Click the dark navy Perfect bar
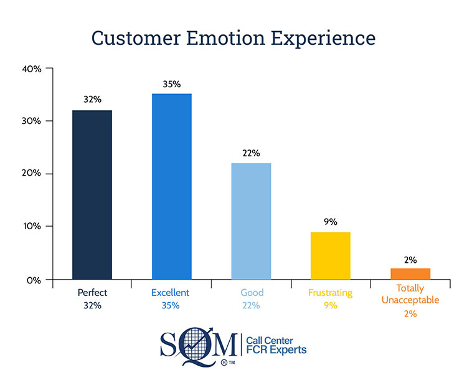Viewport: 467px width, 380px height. (92, 194)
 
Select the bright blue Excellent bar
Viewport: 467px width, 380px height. (171, 186)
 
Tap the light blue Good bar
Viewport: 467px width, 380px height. (251, 221)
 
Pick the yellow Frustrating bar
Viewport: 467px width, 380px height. (331, 255)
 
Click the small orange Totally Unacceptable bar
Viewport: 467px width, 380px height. (410, 273)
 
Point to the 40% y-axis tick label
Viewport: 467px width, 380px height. (31, 69)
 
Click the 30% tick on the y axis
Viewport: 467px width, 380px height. (31, 121)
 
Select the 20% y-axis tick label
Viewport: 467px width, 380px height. (31, 173)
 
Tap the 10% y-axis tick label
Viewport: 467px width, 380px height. (31, 226)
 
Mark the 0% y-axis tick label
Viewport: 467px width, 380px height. (34, 279)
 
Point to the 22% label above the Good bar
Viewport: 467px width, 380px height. (251, 153)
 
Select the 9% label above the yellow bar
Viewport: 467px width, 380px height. (331, 221)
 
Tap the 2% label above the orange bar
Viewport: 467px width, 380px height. (410, 260)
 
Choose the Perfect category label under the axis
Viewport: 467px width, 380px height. (92, 292)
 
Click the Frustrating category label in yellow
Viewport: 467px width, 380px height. (331, 292)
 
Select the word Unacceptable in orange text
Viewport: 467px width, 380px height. (410, 300)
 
